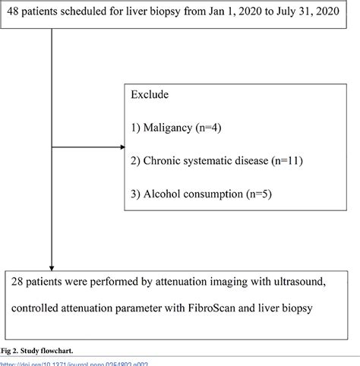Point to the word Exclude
click(150, 96)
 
